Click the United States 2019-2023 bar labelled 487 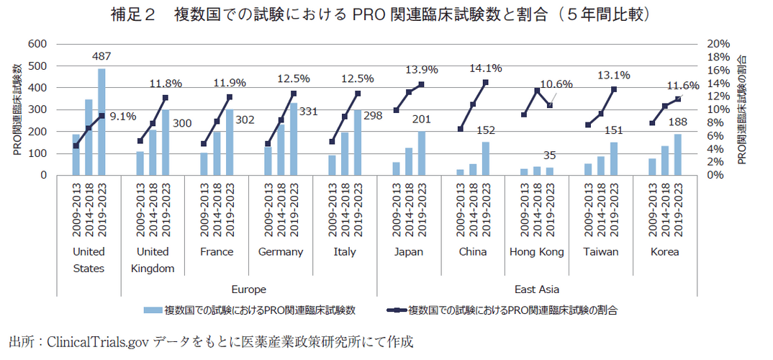101,122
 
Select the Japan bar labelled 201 421,153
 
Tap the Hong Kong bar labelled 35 549,171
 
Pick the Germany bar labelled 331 293,139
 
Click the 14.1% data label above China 485,68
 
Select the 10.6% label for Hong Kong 556,84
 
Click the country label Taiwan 601,252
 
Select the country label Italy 345,252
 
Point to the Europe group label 249,289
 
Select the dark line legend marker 394,310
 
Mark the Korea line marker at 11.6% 677,99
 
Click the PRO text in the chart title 366,15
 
